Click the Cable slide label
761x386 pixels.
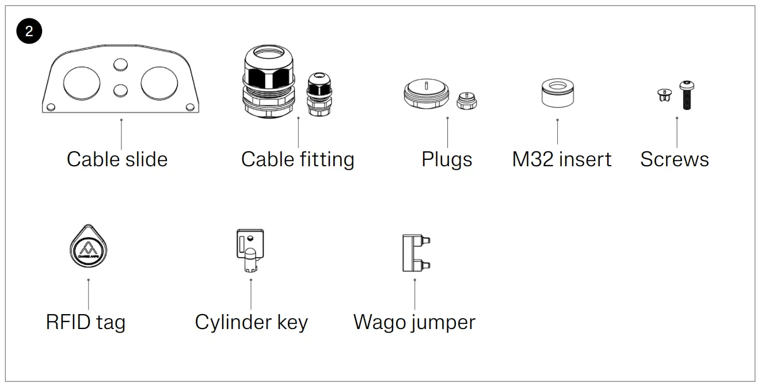pyautogui.click(x=117, y=159)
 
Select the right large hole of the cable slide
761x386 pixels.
pyautogui.click(x=159, y=82)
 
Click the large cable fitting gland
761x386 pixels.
pyautogui.click(x=268, y=82)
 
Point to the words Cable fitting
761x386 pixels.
pyautogui.click(x=298, y=159)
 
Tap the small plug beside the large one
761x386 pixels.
pyautogui.click(x=466, y=101)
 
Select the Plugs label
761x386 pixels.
pyautogui.click(x=447, y=159)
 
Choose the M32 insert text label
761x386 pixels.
pyautogui.click(x=561, y=159)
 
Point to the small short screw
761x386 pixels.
pyautogui.click(x=665, y=95)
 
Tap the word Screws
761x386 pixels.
pyautogui.click(x=674, y=159)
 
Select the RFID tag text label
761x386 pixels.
pyautogui.click(x=85, y=322)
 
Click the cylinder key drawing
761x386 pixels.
pyautogui.click(x=251, y=252)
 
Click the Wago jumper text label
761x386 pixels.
pyautogui.click(x=414, y=322)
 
